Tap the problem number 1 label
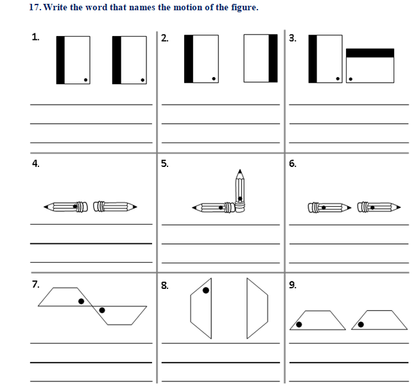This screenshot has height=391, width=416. pyautogui.click(x=35, y=37)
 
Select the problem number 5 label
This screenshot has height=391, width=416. pyautogui.click(x=165, y=163)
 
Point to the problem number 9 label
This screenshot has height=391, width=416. pyautogui.click(x=293, y=285)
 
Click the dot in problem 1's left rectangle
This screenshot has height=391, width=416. pyautogui.click(x=86, y=80)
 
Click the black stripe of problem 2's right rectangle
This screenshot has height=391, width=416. pyautogui.click(x=273, y=58)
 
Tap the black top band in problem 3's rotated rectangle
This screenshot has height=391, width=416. pyautogui.click(x=370, y=53)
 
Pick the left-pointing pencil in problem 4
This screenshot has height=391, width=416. pyautogui.click(x=65, y=207)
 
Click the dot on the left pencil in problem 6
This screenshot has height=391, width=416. pyautogui.click(x=324, y=207)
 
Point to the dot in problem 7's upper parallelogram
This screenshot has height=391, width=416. pyautogui.click(x=81, y=300)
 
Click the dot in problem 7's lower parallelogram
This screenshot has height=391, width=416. pyautogui.click(x=102, y=310)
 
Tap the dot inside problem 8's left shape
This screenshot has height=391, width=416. pyautogui.click(x=205, y=290)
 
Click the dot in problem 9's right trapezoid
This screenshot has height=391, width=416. pyautogui.click(x=361, y=324)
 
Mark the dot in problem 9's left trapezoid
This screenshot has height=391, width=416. pyautogui.click(x=299, y=324)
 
